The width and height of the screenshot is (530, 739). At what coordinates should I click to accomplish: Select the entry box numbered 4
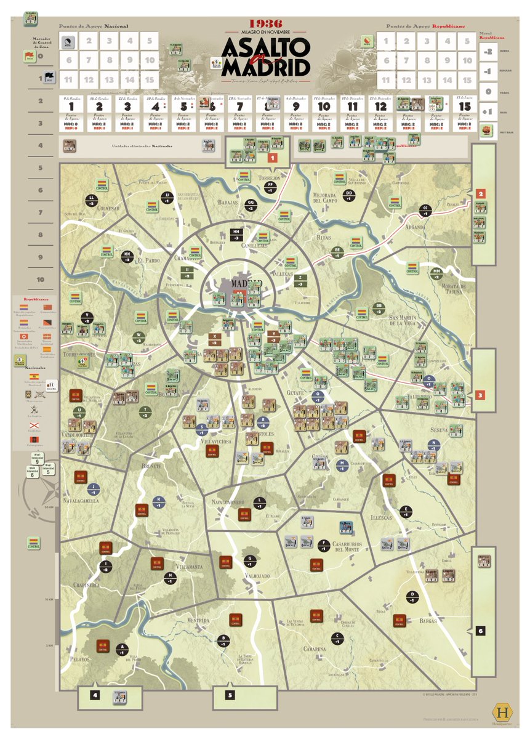(x=95, y=695)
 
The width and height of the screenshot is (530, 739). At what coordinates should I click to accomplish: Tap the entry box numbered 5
(x=230, y=696)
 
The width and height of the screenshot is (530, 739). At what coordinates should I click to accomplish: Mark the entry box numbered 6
(x=480, y=631)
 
